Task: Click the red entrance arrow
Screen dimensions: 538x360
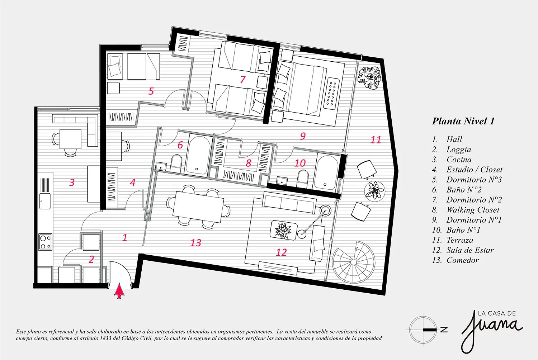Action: coord(119,291)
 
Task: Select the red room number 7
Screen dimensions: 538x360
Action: coord(243,80)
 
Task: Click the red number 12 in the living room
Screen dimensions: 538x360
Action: coord(281,252)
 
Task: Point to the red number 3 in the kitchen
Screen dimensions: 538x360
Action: coord(72,183)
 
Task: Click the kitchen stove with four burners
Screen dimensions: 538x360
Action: coord(46,242)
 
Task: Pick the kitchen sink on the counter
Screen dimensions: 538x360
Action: coord(45,201)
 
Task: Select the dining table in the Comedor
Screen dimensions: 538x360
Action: coord(198,207)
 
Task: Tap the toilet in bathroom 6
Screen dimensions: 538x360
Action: coord(176,164)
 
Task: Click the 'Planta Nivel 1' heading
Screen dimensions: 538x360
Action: coord(463,121)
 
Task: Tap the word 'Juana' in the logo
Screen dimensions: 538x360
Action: coord(491,331)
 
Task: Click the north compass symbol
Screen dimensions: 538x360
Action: coord(423,330)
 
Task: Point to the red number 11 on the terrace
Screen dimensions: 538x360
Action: coord(376,140)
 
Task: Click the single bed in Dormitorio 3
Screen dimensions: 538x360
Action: coord(133,67)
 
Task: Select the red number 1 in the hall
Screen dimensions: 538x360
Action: coord(125,237)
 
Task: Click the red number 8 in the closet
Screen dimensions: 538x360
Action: coord(248,163)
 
